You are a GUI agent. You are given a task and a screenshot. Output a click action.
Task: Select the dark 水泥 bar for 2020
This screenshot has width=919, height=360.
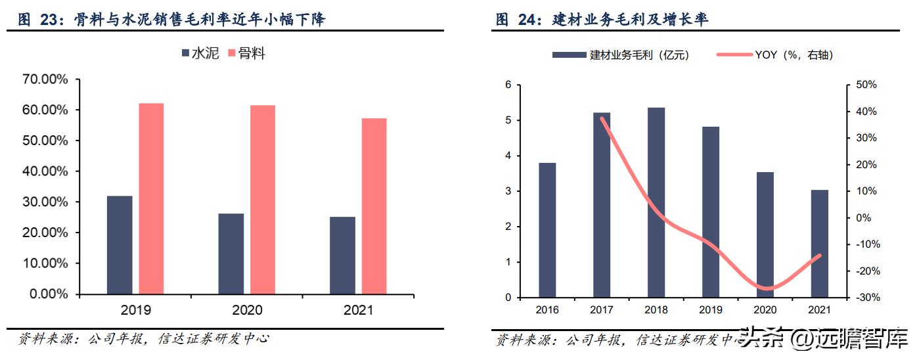click(231, 254)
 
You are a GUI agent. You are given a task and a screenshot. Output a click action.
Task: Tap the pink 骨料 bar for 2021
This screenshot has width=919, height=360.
click(374, 206)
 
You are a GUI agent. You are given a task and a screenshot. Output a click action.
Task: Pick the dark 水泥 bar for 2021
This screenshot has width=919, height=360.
click(342, 255)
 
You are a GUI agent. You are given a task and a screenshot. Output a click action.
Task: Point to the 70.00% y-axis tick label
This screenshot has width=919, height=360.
click(45, 79)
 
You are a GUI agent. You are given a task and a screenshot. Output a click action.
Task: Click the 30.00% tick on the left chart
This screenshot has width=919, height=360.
click(45, 202)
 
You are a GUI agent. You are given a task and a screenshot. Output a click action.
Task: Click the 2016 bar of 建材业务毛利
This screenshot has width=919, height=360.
click(547, 230)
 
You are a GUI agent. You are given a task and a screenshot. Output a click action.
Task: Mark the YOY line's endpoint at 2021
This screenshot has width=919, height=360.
click(819, 256)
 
